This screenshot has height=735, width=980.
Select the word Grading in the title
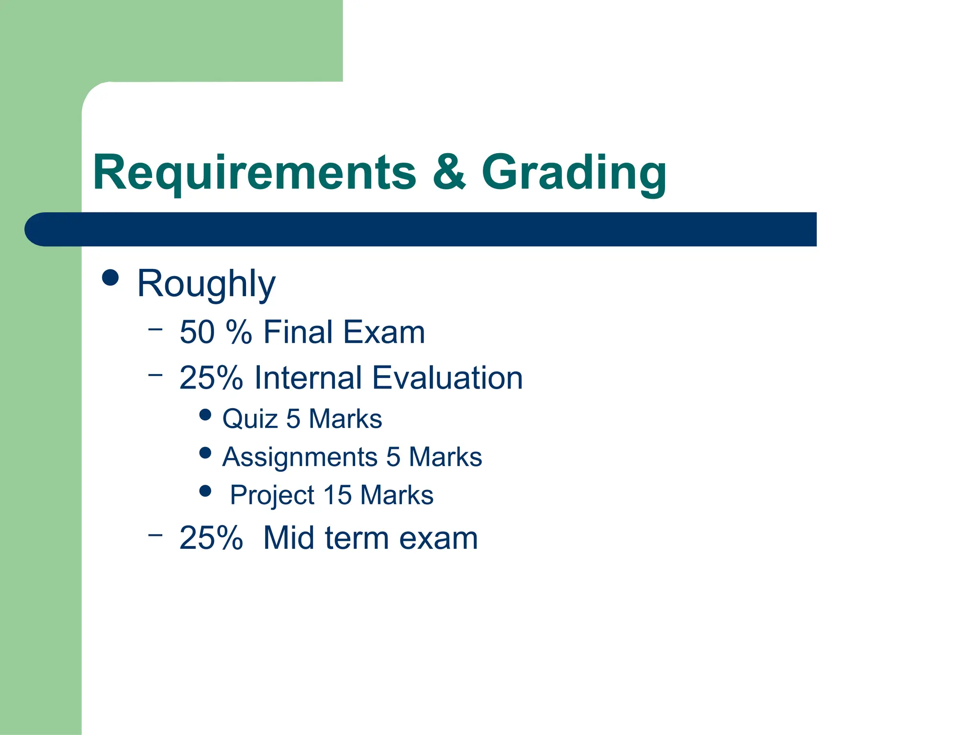(x=574, y=173)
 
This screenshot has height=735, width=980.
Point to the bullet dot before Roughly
(x=111, y=278)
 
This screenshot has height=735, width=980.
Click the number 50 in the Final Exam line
(x=197, y=332)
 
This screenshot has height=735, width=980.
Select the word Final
(x=298, y=332)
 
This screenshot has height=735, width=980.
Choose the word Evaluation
(x=447, y=378)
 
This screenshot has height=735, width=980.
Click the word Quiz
(x=250, y=419)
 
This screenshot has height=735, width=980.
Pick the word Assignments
(x=300, y=457)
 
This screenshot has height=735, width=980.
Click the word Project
(x=272, y=496)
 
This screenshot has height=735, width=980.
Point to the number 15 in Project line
(x=337, y=495)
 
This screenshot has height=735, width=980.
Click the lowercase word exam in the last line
(x=438, y=539)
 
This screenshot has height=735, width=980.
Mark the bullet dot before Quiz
(x=205, y=414)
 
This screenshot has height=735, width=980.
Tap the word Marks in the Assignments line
(x=445, y=457)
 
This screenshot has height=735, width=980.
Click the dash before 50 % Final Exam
(x=155, y=329)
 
